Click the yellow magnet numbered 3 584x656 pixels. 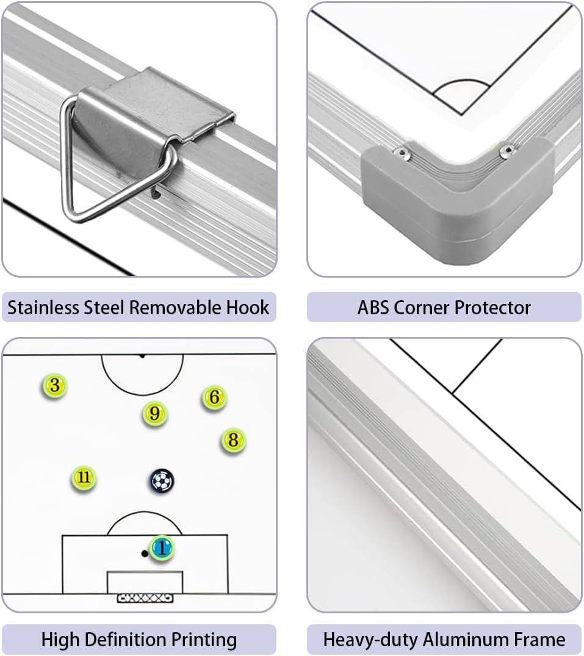(54, 385)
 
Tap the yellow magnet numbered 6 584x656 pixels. (214, 397)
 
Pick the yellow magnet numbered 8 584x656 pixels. (233, 440)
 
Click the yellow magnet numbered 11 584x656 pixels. (84, 477)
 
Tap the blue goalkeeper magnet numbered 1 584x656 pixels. (162, 547)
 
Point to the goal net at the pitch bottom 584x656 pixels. (145, 598)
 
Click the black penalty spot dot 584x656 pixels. (145, 553)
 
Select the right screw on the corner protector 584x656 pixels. (508, 150)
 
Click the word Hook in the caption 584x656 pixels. (248, 308)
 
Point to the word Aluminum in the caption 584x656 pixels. (465, 640)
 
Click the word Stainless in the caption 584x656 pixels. (43, 308)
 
